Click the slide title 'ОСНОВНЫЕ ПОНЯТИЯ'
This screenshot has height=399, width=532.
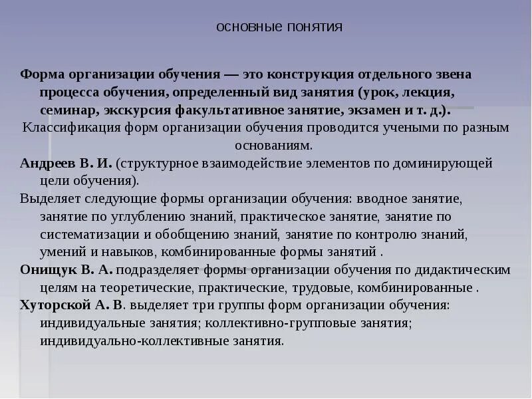tap(279, 27)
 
